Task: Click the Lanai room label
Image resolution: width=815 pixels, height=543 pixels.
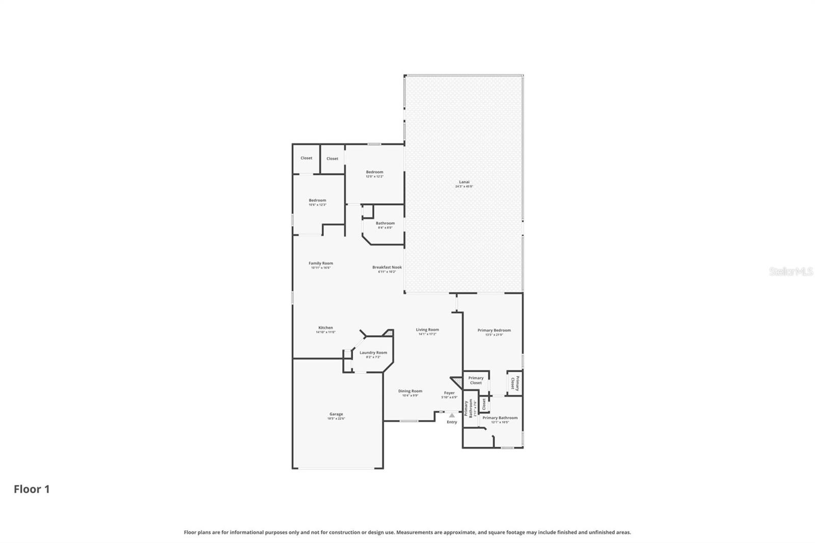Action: [x=464, y=182]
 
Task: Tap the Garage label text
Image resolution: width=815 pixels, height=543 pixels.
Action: [x=336, y=415]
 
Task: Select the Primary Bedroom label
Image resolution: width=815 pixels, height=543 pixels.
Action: [x=494, y=331]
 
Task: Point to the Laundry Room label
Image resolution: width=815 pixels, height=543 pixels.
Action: [x=373, y=353]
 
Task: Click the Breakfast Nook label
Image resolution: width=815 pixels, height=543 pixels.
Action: [x=387, y=267]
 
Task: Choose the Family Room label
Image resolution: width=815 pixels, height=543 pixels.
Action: [x=320, y=264]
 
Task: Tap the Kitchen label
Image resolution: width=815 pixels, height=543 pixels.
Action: [x=325, y=328]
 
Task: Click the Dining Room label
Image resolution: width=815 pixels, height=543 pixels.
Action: [x=410, y=392]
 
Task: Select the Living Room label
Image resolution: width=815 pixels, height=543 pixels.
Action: [x=427, y=330]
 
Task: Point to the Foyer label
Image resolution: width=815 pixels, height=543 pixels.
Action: [x=449, y=393]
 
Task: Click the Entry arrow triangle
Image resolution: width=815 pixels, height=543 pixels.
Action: [x=452, y=416]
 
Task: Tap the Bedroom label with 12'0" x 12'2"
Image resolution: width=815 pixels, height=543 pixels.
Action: [x=374, y=173]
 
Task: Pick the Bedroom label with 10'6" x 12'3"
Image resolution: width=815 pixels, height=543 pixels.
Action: [x=317, y=201]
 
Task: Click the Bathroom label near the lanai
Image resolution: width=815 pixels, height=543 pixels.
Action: [x=385, y=224]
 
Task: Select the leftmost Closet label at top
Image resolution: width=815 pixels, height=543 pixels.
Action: [x=306, y=158]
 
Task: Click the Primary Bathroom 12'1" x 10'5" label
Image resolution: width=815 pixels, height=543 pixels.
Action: [x=500, y=418]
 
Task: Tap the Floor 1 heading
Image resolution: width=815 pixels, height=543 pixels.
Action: [x=32, y=490]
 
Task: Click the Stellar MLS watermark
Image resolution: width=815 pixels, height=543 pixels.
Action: [x=791, y=272]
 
